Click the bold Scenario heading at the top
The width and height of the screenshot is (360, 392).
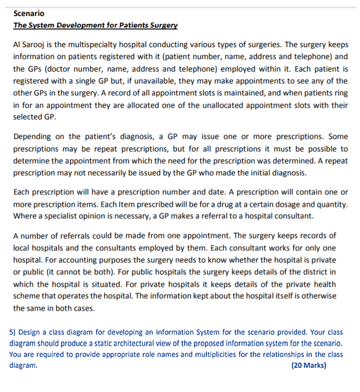click(x=29, y=14)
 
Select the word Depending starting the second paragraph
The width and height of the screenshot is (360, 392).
click(x=33, y=137)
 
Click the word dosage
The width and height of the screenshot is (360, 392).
click(x=282, y=205)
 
